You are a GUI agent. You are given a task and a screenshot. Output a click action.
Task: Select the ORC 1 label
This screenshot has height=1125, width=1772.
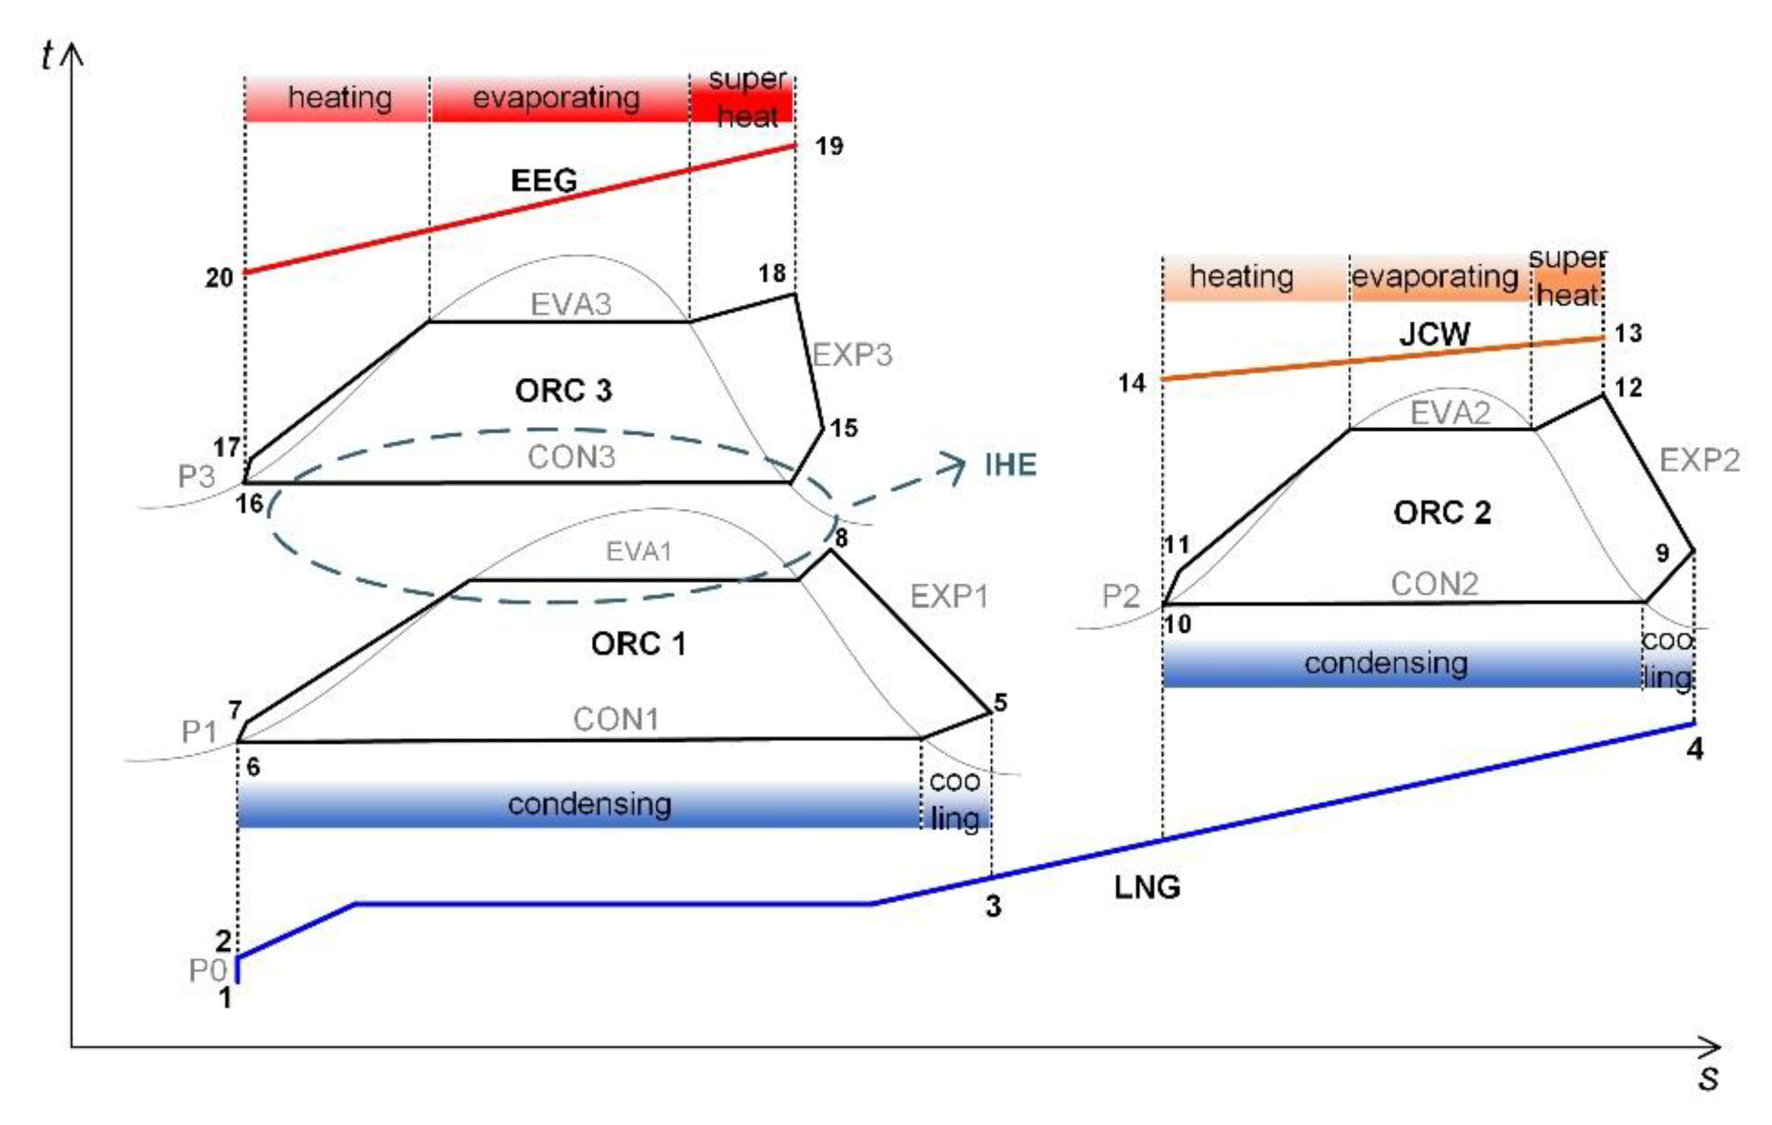click(638, 645)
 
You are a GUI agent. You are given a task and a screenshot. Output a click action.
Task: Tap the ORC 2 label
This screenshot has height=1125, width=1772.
click(1442, 513)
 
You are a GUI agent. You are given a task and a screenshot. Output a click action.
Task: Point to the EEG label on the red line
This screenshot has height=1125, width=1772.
click(544, 181)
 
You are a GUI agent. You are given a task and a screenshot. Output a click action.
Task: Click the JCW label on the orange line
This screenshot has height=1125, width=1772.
click(1434, 335)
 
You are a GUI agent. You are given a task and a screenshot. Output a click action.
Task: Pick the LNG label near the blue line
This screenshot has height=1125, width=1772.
click(1147, 888)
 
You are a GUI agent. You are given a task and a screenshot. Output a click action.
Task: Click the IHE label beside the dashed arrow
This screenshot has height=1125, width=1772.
click(1010, 465)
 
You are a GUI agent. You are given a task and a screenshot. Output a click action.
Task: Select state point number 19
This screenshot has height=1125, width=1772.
click(829, 146)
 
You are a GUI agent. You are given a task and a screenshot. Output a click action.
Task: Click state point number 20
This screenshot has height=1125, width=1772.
click(218, 278)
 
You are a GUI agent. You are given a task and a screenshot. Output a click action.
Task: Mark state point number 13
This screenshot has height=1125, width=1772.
click(1627, 333)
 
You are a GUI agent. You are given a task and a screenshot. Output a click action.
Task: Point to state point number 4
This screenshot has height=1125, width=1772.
click(1695, 749)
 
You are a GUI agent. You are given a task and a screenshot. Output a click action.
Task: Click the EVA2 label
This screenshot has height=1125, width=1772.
click(1450, 414)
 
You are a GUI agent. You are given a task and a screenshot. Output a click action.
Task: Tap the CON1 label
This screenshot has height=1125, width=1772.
click(616, 720)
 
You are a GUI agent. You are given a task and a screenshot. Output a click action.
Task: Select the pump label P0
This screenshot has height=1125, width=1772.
click(207, 971)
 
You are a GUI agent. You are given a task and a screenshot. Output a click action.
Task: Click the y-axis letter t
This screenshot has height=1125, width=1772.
click(48, 55)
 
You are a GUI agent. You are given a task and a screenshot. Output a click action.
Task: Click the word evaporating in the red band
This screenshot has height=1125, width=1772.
click(556, 98)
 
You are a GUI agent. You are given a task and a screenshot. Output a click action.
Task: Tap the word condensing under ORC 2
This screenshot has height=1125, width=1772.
click(1386, 664)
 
